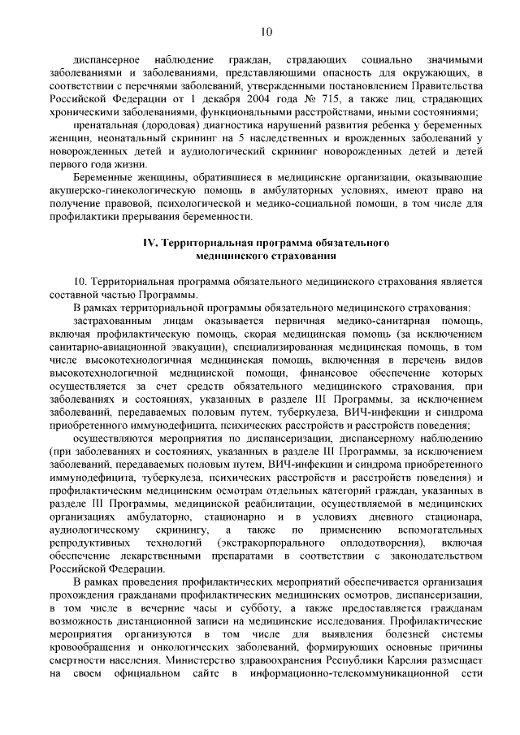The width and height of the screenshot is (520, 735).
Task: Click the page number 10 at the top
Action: pos(266,32)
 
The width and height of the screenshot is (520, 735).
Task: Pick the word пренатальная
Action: pos(103,128)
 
